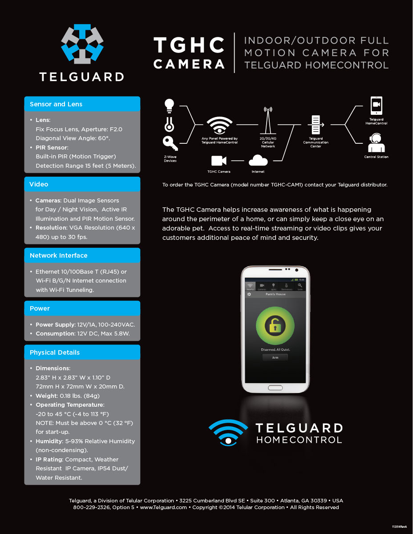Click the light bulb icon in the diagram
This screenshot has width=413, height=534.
pyautogui.click(x=169, y=105)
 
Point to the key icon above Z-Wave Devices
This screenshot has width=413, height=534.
pyautogui.click(x=170, y=143)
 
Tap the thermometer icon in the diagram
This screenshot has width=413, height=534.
pyautogui.click(x=169, y=124)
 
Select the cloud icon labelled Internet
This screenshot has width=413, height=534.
pyautogui.click(x=258, y=160)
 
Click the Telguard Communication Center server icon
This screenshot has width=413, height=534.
pyautogui.click(x=316, y=125)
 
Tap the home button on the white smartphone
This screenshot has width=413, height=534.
pyautogui.click(x=275, y=388)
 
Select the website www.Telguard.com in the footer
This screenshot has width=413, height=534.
pyautogui.click(x=163, y=507)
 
